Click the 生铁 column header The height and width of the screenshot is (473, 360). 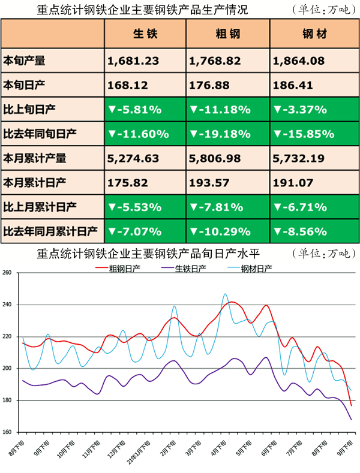145,34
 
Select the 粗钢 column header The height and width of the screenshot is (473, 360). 227,34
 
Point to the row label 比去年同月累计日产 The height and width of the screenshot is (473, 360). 51,231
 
